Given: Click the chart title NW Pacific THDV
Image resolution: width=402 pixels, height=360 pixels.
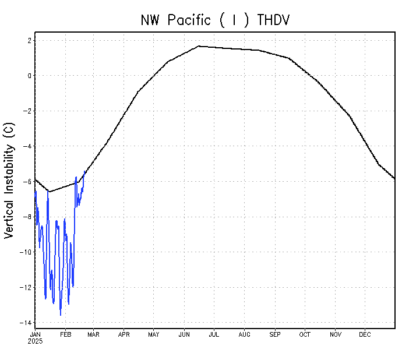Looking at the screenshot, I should [215, 20].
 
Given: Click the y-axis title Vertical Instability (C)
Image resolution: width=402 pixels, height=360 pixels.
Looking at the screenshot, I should [9, 180].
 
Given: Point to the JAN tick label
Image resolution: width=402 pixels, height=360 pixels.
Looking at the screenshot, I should [35, 334].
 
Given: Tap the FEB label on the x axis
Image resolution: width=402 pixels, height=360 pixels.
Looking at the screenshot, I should [65, 334].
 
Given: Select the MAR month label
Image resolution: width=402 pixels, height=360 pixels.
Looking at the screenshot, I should [93, 334].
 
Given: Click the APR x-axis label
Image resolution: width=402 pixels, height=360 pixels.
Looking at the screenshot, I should [124, 334].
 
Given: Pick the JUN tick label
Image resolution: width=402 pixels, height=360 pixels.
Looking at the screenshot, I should [184, 334].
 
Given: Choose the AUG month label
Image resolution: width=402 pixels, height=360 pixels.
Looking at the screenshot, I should [245, 334].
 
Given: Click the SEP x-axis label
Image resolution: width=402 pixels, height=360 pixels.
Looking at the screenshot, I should [275, 334].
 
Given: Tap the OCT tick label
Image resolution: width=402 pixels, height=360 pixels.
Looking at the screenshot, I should [305, 334].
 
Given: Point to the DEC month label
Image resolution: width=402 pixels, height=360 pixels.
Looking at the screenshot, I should [365, 334].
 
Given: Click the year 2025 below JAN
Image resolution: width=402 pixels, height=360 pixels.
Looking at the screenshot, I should [36, 341].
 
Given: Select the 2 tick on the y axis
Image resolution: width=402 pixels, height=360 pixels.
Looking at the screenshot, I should [28, 40].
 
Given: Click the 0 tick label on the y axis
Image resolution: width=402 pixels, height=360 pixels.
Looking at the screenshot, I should [28, 76].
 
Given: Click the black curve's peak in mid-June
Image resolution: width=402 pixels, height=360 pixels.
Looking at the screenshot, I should [199, 46].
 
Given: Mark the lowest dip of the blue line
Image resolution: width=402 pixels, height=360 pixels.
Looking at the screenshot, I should [61, 315].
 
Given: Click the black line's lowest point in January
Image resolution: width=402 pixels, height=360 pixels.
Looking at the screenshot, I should [49, 192].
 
